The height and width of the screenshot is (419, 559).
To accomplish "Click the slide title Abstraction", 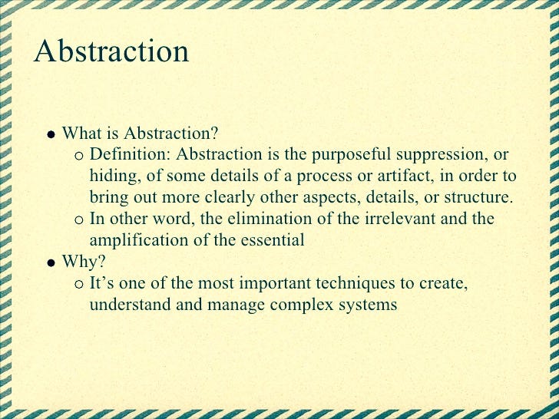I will coord(111,51).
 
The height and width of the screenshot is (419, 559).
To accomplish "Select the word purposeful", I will coord(344,155).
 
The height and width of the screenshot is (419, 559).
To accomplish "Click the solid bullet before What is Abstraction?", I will coord(50,134).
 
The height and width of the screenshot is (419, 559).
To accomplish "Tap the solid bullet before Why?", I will coord(50,262).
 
